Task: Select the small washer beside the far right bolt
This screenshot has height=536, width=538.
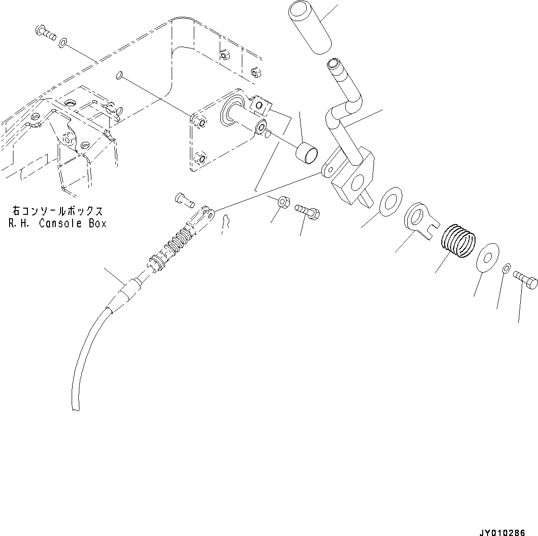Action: click(x=507, y=269)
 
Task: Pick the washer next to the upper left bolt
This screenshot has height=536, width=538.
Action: click(x=63, y=44)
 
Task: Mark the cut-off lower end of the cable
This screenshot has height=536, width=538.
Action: click(x=74, y=409)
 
